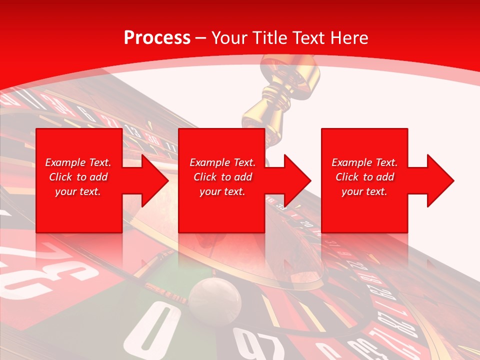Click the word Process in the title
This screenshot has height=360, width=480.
click(x=157, y=37)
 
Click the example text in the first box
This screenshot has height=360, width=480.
click(x=78, y=177)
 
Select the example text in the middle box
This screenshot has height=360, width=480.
click(x=222, y=177)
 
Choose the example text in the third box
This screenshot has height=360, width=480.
click(x=364, y=177)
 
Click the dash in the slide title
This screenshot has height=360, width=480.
click(x=200, y=38)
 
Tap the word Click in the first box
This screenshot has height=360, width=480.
click(x=60, y=177)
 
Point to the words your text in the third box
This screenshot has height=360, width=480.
click(x=364, y=191)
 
